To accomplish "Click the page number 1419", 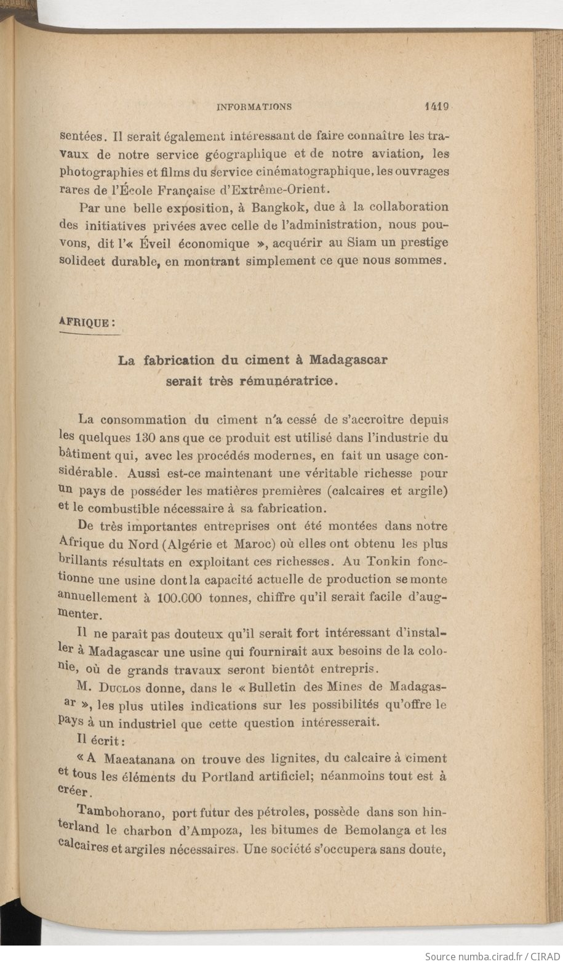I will pyautogui.click(x=437, y=106).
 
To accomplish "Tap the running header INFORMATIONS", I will pyautogui.click(x=254, y=106).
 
